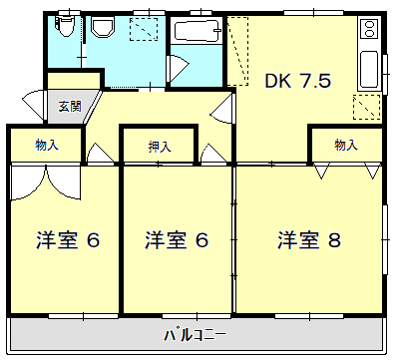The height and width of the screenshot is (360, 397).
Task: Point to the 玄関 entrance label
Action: click(x=70, y=105)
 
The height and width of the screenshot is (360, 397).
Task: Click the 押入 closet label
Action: click(x=160, y=147)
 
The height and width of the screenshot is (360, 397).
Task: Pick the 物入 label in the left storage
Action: click(x=46, y=146)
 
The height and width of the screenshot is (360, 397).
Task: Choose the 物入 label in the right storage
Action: click(x=345, y=146)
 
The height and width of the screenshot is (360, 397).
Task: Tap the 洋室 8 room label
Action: click(x=309, y=239)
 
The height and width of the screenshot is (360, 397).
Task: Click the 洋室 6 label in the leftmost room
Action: click(x=68, y=239)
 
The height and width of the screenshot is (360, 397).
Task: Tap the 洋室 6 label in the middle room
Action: click(x=177, y=239)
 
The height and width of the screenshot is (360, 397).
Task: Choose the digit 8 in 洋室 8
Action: click(x=336, y=239)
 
